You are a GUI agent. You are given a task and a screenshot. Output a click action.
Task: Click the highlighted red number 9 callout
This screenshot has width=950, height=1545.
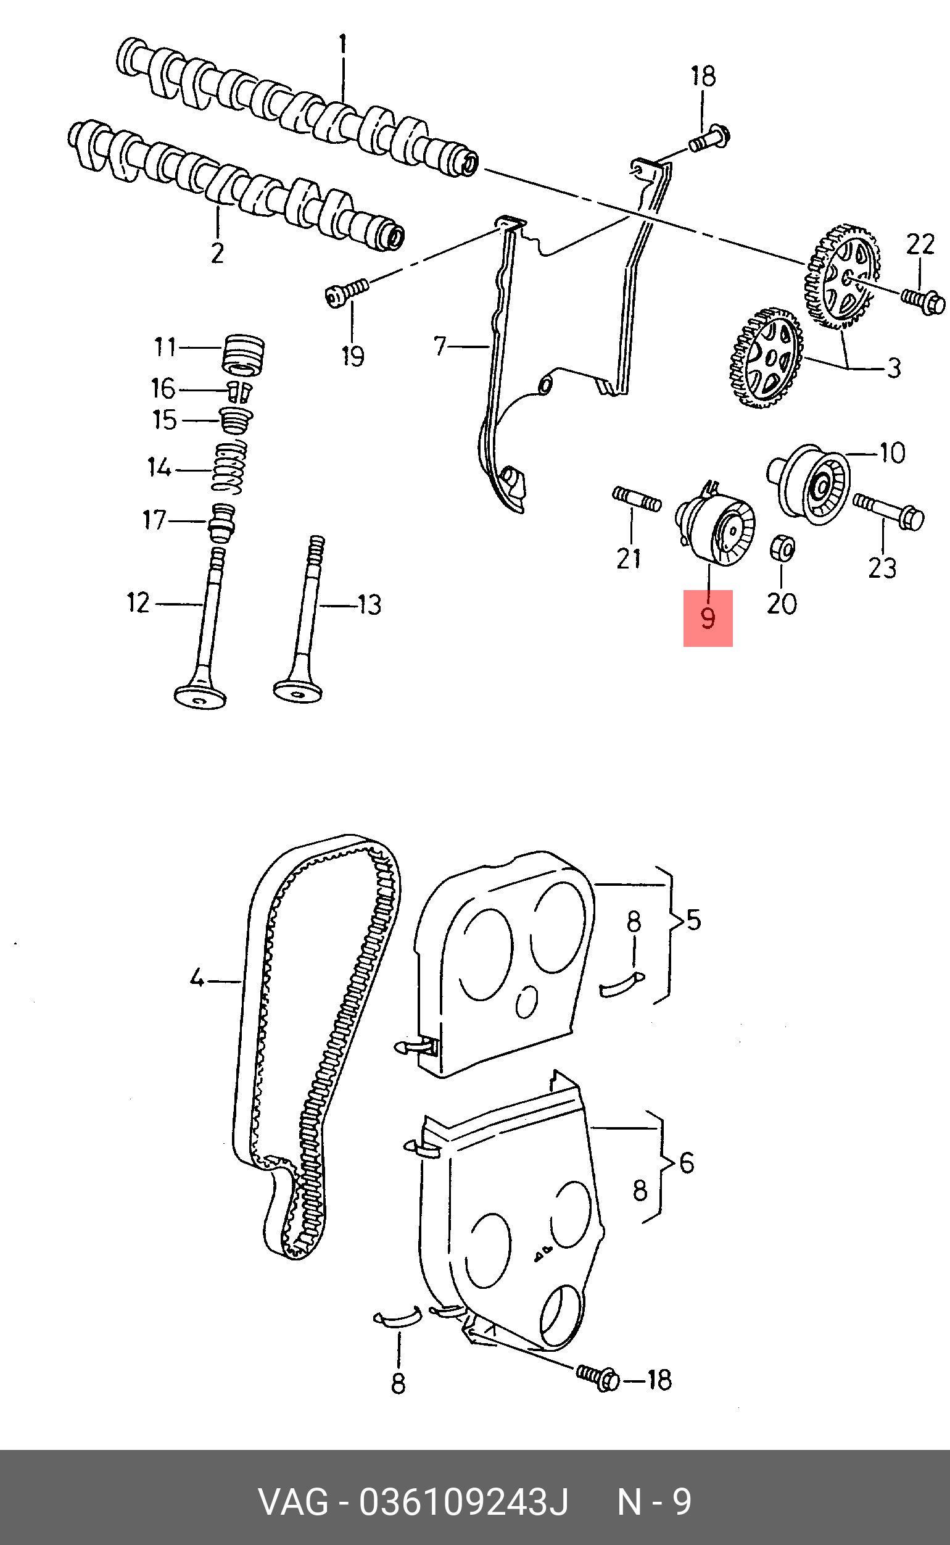point(708,618)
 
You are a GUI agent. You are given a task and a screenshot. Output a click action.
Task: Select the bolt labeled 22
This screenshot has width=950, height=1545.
point(923,300)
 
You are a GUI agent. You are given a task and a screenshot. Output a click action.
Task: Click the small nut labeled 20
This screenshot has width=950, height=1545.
point(783,548)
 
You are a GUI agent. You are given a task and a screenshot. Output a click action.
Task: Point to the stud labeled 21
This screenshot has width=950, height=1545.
point(637,499)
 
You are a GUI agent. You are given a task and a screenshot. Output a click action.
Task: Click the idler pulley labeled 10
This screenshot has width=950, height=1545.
point(809,483)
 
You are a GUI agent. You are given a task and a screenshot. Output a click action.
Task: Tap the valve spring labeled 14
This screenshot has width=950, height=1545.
point(229,467)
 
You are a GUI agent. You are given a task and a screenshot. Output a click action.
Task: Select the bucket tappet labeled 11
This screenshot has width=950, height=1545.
point(244,356)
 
